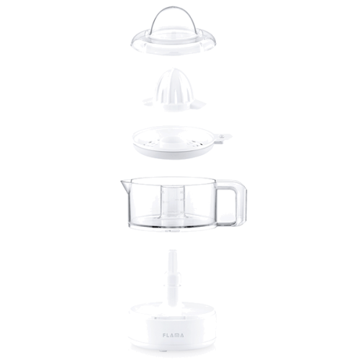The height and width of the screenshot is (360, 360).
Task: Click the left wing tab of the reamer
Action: [150, 102]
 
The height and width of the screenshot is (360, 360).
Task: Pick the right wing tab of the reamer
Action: [197, 104]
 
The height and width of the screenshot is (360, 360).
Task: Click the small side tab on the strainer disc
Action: [222, 139]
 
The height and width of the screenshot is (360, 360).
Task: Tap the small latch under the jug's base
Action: [172, 232]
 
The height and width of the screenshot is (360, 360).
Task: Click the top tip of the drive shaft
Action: [173, 251]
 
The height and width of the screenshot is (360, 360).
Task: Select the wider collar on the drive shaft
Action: [173, 280]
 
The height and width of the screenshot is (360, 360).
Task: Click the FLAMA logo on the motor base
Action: [173, 335]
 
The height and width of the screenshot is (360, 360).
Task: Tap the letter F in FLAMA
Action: [164, 335]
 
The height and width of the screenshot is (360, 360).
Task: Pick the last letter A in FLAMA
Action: [181, 335]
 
